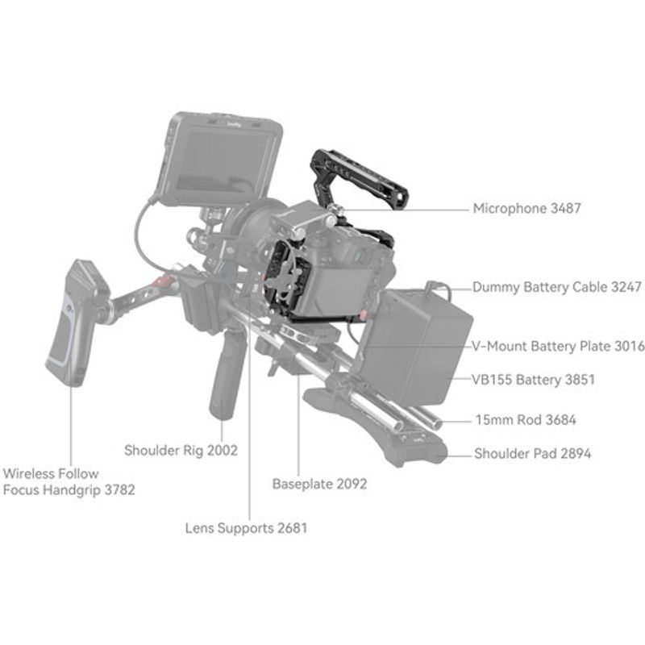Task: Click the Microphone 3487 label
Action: click(526, 208)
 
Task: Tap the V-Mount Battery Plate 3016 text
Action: click(558, 347)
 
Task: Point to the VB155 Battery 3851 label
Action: click(533, 378)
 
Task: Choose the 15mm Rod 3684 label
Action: click(524, 419)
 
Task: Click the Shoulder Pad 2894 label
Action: click(532, 453)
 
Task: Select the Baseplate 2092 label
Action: click(319, 484)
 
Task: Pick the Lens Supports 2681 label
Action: click(246, 528)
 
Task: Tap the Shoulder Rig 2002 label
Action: click(181, 450)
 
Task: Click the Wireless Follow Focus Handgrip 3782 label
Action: click(69, 481)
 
